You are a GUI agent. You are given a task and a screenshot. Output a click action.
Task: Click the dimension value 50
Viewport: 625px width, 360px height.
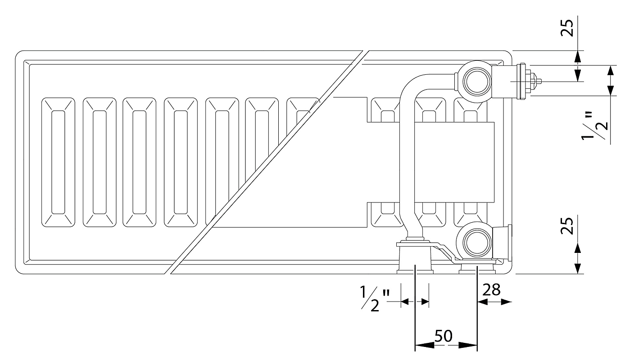tap(444, 336)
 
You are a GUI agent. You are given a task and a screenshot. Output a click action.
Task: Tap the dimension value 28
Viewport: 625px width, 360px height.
tap(491, 290)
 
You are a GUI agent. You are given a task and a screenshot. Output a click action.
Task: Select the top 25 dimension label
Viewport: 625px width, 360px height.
tap(567, 28)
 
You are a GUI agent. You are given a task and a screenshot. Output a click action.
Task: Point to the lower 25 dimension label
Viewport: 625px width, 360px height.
tap(567, 225)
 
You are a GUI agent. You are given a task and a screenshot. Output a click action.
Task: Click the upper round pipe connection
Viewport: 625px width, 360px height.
tap(476, 81)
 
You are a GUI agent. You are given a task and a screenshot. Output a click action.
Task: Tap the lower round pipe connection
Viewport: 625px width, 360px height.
tap(476, 242)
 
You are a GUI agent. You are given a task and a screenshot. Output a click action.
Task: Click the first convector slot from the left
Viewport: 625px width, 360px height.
tap(59, 162)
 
